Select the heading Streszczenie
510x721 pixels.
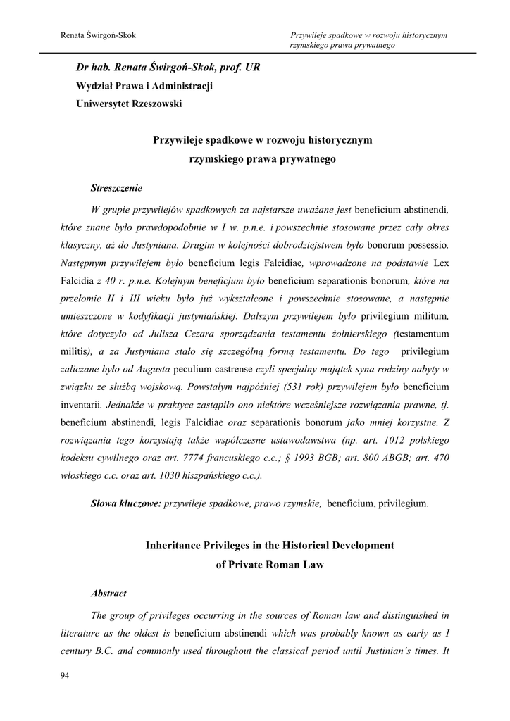117,188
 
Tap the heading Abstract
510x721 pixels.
108,594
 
